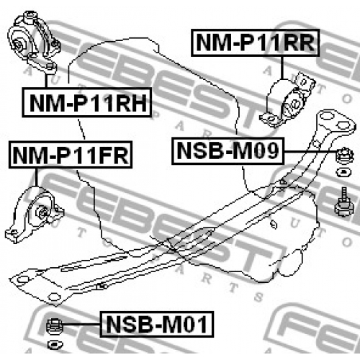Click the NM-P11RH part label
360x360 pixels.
pyautogui.click(x=87, y=102)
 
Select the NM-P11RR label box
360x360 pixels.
pyautogui.click(x=256, y=42)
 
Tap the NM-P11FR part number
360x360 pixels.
pyautogui.click(x=71, y=155)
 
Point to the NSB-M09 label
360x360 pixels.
pyautogui.click(x=228, y=150)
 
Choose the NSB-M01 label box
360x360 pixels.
pyautogui.click(x=157, y=324)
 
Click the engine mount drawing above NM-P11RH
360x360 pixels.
pyautogui.click(x=34, y=42)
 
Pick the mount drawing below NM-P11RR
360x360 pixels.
pyautogui.click(x=287, y=100)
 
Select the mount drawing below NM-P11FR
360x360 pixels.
pyautogui.click(x=35, y=215)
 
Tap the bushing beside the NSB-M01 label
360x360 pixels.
pyautogui.click(x=54, y=326)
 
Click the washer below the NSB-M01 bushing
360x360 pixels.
pyautogui.click(x=55, y=345)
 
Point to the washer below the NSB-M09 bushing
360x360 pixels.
pyautogui.click(x=343, y=173)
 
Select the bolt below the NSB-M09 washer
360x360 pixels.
pyautogui.click(x=344, y=203)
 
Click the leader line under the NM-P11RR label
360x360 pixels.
pyautogui.click(x=282, y=68)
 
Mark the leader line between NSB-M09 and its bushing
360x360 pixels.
pyautogui.click(x=310, y=151)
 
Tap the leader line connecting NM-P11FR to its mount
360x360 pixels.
pyautogui.click(x=37, y=177)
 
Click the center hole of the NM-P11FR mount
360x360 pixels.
pyautogui.click(x=43, y=213)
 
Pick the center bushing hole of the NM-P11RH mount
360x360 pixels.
pyautogui.click(x=19, y=45)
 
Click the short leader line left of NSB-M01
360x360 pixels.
pyautogui.click(x=81, y=325)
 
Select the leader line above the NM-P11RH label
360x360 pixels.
pyautogui.click(x=46, y=81)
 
